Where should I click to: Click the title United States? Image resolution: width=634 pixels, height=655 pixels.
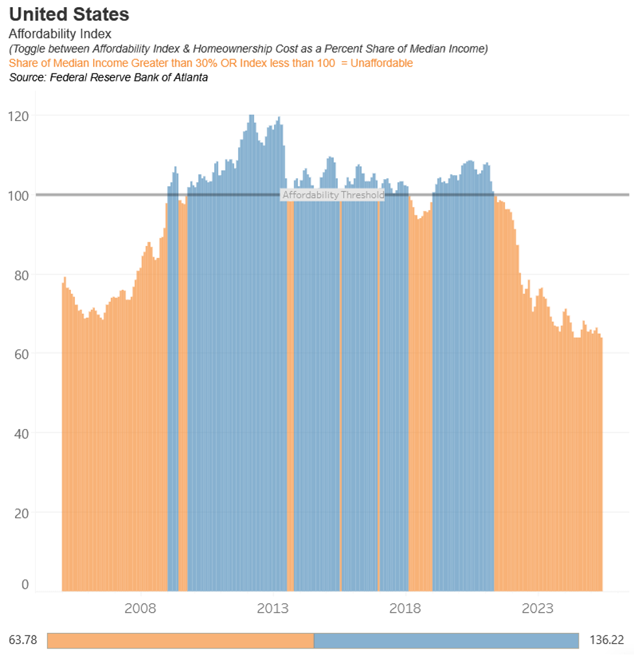point(69,14)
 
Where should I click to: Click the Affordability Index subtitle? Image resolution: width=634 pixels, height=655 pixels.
point(60,34)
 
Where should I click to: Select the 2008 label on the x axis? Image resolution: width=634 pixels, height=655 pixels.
point(140,609)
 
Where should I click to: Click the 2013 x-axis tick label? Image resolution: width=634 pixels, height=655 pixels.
point(273,609)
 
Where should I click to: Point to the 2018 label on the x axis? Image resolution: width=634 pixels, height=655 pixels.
point(406,609)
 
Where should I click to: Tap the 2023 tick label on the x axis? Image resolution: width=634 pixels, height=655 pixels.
point(538,609)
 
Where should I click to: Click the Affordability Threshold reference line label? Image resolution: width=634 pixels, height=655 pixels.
point(333,195)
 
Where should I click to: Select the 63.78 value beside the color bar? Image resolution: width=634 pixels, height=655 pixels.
point(23,640)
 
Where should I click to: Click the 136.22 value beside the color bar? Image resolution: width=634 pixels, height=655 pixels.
point(606,640)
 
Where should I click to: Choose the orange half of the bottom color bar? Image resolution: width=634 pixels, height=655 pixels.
point(180,640)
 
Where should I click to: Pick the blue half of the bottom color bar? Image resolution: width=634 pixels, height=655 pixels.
point(446,640)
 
